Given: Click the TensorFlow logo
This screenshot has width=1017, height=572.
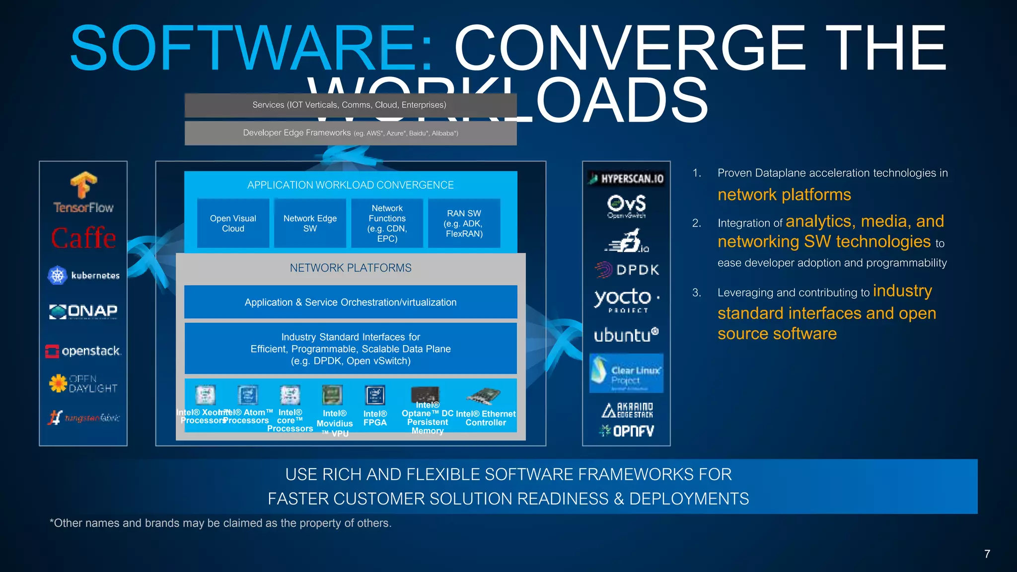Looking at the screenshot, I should point(83,193).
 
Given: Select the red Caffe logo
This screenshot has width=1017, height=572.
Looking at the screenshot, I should point(83,238).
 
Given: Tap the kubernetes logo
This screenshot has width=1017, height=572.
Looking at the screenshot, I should point(83,275).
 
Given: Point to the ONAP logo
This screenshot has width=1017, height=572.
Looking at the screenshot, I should point(83,311).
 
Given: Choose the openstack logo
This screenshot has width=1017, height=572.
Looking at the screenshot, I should point(83,351).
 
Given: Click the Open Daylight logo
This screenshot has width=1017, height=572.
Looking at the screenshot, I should point(83,383).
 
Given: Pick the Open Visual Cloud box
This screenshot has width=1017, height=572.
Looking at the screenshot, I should point(233,223).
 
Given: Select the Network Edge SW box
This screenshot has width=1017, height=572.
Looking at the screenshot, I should point(310,223).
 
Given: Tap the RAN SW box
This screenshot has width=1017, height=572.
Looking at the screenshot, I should point(464,223).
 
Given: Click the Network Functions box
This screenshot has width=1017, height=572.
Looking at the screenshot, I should point(387,223).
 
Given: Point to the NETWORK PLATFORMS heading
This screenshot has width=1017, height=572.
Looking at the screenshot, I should point(351,268).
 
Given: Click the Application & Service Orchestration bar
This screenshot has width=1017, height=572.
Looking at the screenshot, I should point(351,302).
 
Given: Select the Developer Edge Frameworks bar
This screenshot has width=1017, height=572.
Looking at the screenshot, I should point(351,133).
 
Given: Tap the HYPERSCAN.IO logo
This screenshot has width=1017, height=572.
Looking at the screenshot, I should point(626,179).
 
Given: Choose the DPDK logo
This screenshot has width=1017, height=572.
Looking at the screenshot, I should point(627,270).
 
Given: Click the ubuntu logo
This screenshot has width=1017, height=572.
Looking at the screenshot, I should point(626,335).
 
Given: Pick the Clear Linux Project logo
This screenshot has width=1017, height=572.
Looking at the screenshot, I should point(626,373).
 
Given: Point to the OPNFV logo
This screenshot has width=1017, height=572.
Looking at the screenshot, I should point(626,431).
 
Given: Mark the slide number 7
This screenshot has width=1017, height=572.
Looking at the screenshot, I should point(987,554).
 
